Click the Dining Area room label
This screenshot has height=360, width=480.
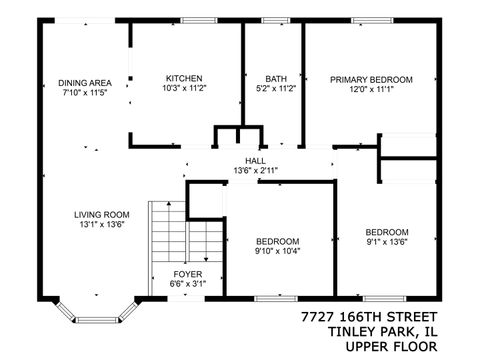tap(84, 83)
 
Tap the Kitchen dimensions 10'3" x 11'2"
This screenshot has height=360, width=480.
tap(184, 89)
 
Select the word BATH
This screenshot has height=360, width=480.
tap(275, 79)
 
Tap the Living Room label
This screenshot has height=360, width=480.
tap(101, 214)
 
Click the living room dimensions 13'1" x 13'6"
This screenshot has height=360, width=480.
tap(101, 225)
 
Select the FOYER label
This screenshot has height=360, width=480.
tap(187, 274)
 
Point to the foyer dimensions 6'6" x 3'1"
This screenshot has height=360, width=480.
tap(187, 284)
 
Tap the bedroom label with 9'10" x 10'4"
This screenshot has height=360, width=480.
tap(277, 241)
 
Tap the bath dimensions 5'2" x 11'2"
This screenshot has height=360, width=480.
tap(275, 89)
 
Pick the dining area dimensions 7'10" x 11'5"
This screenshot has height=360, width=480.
tap(84, 93)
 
